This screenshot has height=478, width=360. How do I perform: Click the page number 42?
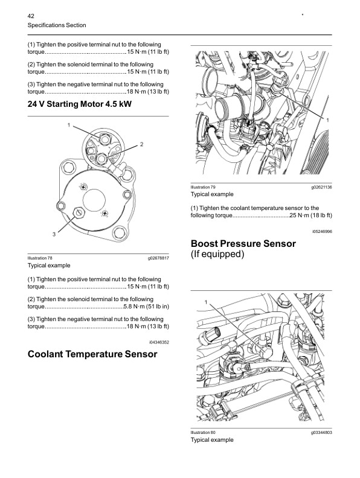coord(31,14)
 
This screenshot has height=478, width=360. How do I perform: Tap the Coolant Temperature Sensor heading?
coord(92,354)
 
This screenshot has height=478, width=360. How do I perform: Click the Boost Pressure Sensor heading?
coord(243,244)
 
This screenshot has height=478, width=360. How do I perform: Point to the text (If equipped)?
coord(217,254)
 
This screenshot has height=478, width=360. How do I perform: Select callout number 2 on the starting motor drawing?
coord(141,144)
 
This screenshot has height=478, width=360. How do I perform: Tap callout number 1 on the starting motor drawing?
coord(69,125)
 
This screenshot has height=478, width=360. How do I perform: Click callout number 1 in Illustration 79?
coord(327,121)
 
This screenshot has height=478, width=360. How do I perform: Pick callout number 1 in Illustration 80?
coord(206,301)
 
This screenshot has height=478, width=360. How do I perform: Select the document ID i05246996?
coord(322,231)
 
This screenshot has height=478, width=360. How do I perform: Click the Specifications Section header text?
coord(57,25)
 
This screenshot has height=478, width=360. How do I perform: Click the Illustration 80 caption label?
coord(203,433)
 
